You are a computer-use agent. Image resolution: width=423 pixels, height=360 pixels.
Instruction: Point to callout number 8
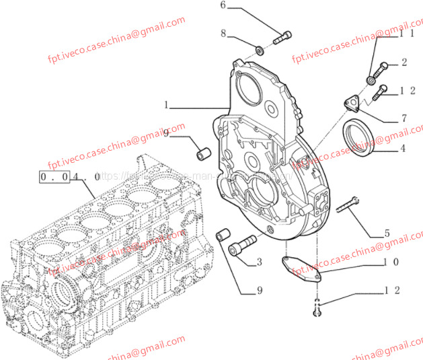point(224,33)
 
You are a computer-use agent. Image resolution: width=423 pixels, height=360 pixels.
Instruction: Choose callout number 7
point(403,118)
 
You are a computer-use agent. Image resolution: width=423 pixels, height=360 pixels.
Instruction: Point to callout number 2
point(404,63)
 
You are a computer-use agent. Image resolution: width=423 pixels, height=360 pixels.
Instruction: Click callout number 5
point(387,234)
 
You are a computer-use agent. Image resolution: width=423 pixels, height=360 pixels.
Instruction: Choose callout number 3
point(258,262)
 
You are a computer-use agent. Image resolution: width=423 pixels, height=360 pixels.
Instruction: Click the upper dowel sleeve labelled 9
point(202,152)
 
